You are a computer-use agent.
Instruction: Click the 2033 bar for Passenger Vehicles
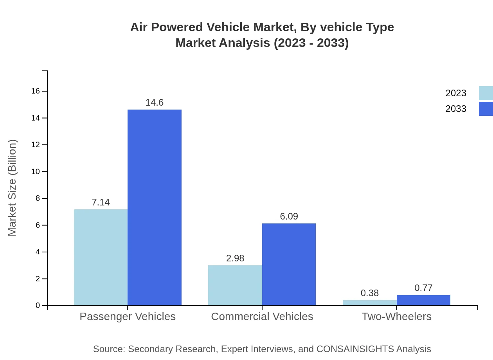155,207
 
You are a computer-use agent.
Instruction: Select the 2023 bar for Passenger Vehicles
101,257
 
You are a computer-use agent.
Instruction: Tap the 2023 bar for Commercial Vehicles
235,285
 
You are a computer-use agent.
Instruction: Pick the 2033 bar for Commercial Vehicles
289,264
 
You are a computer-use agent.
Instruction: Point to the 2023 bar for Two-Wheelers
369,302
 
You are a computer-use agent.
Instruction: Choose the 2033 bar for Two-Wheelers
423,300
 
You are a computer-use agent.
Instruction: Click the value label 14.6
155,103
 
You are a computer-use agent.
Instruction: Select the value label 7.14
101,202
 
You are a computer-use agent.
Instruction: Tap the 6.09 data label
289,216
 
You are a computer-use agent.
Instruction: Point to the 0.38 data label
369,293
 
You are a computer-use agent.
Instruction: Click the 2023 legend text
455,93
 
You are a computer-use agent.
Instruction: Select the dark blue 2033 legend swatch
486,109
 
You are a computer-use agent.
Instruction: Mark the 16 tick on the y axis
36,91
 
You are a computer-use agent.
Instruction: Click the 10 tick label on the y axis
36,172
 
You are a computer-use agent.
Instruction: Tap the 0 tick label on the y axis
38,306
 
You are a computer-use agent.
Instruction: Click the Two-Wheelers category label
396,316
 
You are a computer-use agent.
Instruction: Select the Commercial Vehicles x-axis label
262,316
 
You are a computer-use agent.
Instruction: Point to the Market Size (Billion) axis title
12,188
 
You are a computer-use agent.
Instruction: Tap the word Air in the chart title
139,27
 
